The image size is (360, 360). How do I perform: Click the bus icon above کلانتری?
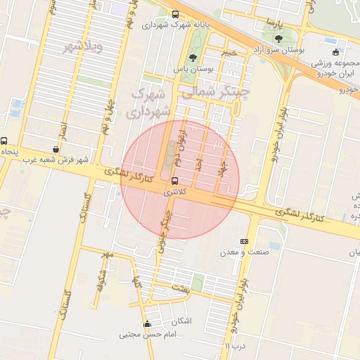[175, 180]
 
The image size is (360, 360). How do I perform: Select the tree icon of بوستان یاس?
[193, 59]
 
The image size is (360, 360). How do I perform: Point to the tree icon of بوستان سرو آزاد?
[278, 39]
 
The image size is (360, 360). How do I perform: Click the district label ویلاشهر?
[83, 47]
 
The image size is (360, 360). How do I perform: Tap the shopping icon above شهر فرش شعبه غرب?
[56, 149]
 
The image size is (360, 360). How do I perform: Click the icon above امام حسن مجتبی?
[147, 324]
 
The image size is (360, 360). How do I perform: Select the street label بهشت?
[181, 288]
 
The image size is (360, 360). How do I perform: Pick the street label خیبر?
[230, 52]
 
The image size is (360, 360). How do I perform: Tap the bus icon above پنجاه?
[4, 141]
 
